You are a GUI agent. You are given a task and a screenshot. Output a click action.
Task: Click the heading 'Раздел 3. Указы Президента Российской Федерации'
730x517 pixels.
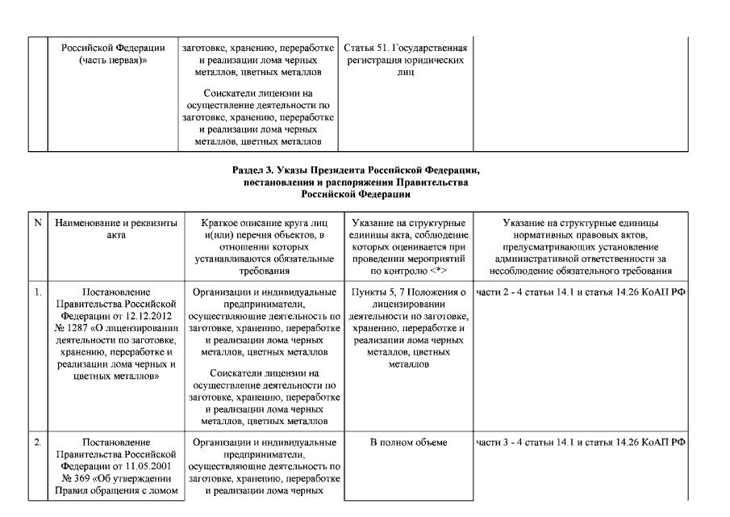(x=361, y=170)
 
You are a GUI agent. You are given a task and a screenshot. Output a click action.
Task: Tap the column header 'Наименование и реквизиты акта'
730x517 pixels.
(x=116, y=228)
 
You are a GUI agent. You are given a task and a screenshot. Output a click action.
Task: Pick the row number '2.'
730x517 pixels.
(x=38, y=443)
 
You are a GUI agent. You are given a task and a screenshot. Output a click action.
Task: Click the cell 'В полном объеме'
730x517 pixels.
(x=408, y=443)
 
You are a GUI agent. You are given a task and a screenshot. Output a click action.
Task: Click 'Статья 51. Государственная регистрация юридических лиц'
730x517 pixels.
(x=406, y=60)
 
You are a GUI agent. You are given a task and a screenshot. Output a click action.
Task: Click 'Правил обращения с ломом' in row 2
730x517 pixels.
(x=116, y=490)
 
